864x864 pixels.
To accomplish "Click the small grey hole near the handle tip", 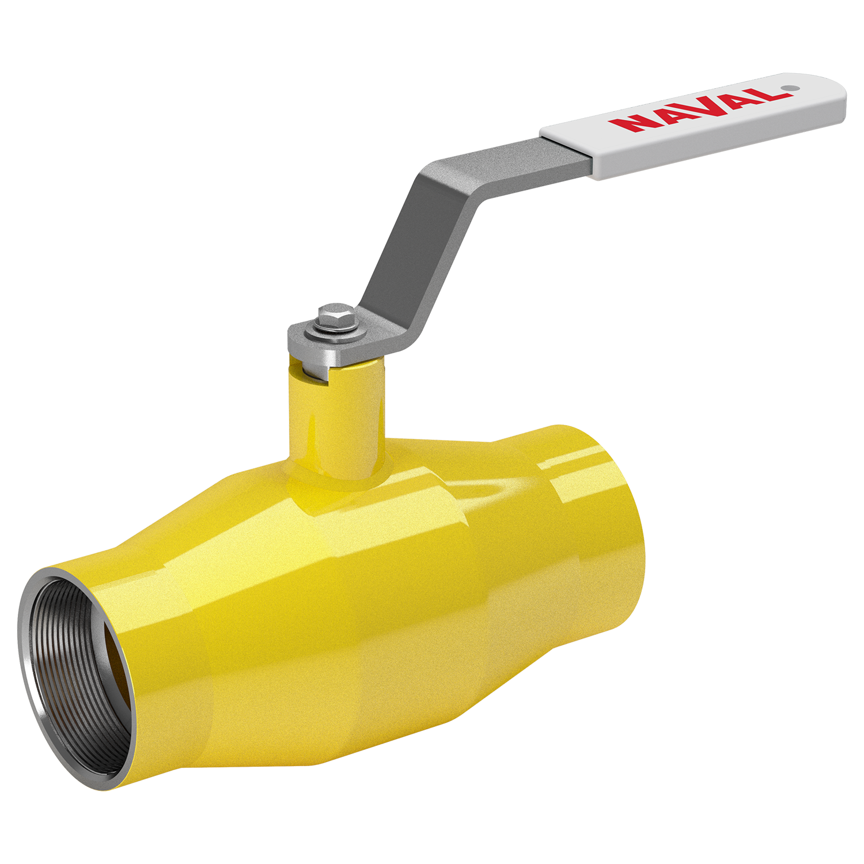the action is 791,88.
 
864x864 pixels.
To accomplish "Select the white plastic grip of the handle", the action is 693,126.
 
